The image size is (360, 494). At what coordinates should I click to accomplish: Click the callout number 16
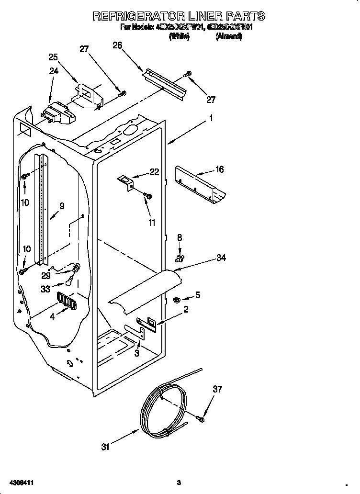(220, 169)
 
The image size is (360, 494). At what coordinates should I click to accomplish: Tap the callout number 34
(221, 258)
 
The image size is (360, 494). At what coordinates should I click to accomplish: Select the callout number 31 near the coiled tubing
(105, 447)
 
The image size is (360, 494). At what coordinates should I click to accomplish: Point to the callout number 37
(218, 389)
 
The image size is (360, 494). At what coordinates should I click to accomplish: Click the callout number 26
(117, 45)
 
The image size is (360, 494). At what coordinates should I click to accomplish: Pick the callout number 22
(154, 172)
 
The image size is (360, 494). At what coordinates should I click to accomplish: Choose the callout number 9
(62, 206)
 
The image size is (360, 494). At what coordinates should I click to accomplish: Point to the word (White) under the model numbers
(180, 36)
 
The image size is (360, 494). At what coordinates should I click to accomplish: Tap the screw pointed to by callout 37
(201, 419)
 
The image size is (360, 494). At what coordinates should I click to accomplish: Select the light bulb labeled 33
(70, 282)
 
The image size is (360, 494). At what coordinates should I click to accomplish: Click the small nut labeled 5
(176, 300)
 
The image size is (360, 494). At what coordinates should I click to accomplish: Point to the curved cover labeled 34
(144, 292)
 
